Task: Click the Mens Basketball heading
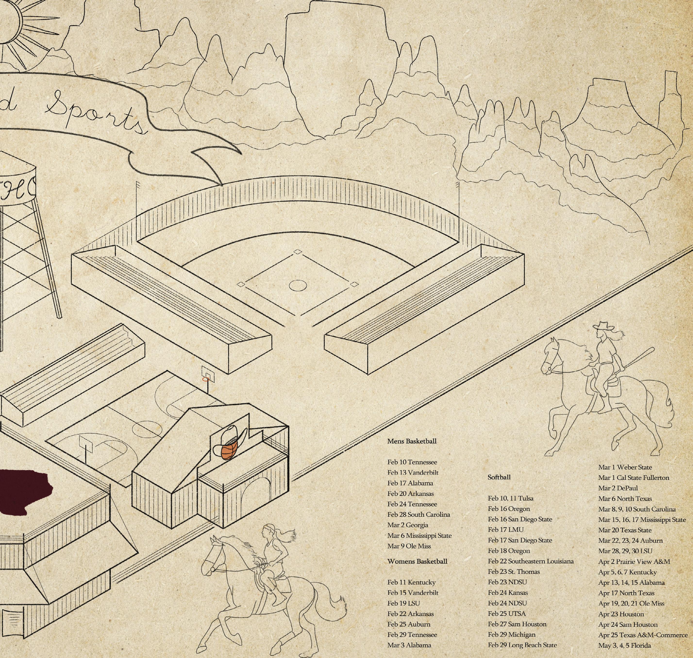tap(412, 441)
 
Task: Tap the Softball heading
tap(499, 477)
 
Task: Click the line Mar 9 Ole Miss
tap(409, 546)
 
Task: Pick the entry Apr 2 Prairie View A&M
tap(634, 562)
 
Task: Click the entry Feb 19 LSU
tap(403, 604)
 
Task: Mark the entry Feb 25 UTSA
tap(506, 614)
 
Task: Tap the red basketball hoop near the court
tap(206, 379)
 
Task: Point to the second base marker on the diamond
tap(297, 252)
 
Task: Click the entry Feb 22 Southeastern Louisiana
tap(530, 561)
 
